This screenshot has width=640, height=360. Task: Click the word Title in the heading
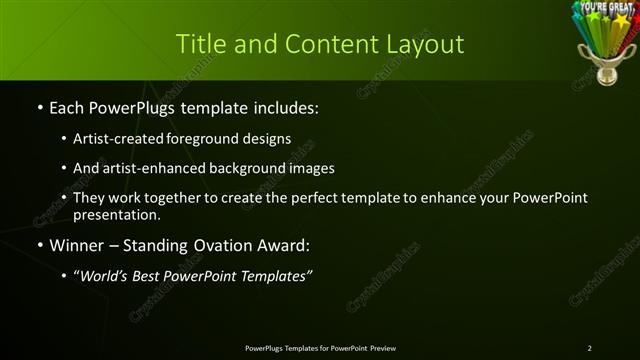[x=198, y=44]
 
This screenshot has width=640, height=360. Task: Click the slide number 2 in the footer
[x=590, y=348]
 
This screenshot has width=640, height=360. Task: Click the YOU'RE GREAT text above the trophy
[x=603, y=7]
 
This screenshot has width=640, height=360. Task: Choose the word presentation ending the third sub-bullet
[x=117, y=215]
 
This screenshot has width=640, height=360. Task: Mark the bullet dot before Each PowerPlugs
[x=39, y=107]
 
